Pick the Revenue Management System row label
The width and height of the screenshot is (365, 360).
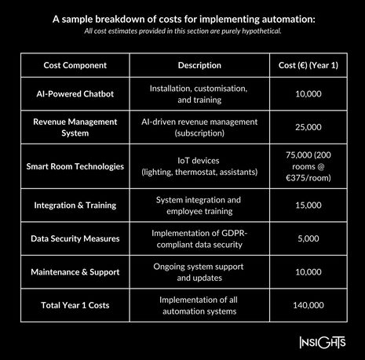pos(75,127)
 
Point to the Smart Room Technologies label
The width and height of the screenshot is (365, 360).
pos(75,166)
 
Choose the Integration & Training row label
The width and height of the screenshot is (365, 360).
pos(75,205)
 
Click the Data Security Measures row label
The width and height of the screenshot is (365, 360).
pos(75,238)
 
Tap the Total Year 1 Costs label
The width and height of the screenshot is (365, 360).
pos(75,304)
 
